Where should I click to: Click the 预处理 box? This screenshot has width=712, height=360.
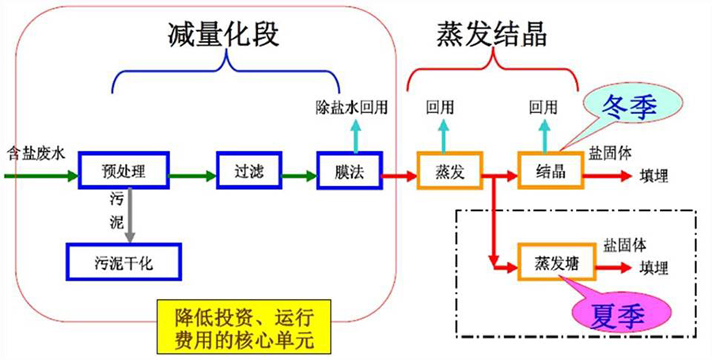click(x=123, y=171)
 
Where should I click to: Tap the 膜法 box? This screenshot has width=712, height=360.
click(x=349, y=171)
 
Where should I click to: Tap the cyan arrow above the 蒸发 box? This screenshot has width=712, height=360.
click(x=443, y=135)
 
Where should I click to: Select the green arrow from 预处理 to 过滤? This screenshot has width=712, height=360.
click(x=193, y=171)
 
